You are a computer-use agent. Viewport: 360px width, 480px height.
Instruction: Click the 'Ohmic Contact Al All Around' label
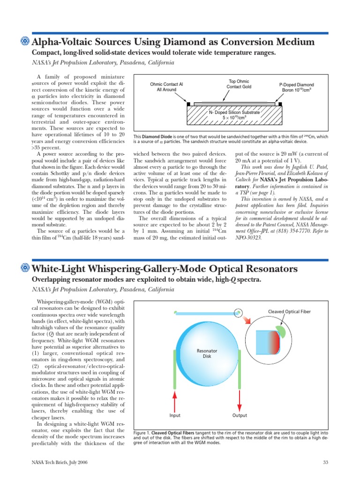(166, 87)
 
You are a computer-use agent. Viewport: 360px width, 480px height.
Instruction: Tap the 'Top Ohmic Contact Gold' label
(239, 84)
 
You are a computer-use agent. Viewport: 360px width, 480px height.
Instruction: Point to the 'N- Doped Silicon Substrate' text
(234, 115)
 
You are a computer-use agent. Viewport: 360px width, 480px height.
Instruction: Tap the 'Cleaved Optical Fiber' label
(289, 311)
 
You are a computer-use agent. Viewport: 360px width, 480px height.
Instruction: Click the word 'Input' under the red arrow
(175, 415)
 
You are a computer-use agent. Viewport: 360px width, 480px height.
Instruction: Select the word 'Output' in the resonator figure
(240, 415)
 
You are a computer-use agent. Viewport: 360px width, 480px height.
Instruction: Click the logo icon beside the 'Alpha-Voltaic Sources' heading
(26, 42)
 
